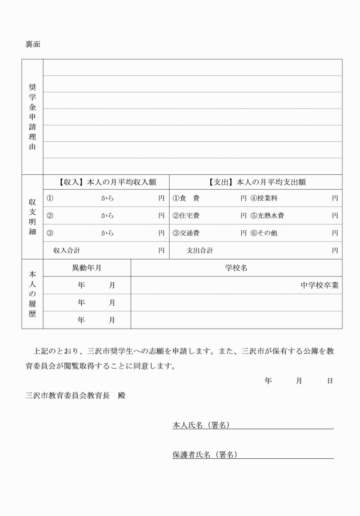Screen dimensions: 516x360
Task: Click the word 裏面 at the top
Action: [33, 44]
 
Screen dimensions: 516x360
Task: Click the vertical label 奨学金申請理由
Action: [33, 116]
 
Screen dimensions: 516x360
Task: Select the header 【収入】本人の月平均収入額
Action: [106, 182]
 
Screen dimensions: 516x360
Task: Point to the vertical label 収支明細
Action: [33, 217]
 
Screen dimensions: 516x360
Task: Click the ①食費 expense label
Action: [186, 198]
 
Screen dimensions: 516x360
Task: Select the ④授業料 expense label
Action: [264, 198]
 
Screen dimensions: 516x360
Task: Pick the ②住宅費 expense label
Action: [186, 216]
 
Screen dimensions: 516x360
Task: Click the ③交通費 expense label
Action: [186, 233]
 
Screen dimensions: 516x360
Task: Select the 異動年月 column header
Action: [87, 267]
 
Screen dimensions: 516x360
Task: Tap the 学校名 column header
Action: [236, 267]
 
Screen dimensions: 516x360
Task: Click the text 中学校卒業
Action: [319, 285]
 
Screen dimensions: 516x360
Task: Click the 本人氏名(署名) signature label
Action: [205, 425]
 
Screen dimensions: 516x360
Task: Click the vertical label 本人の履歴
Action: [33, 294]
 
